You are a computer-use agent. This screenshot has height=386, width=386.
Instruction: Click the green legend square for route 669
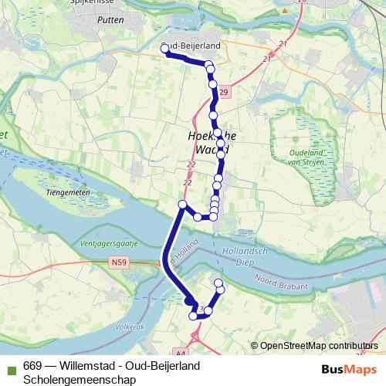coord(12,365)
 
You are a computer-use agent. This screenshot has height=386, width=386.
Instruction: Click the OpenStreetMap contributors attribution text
coord(318,345)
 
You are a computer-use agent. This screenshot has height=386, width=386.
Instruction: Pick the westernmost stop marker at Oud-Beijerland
coord(164,49)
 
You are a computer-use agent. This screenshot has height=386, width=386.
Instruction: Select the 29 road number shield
coord(223,93)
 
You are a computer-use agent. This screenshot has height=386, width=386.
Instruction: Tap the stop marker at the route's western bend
coord(183,204)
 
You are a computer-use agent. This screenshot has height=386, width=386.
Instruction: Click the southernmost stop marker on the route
coord(194,315)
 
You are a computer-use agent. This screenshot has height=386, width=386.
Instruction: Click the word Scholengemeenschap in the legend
coord(80,379)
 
